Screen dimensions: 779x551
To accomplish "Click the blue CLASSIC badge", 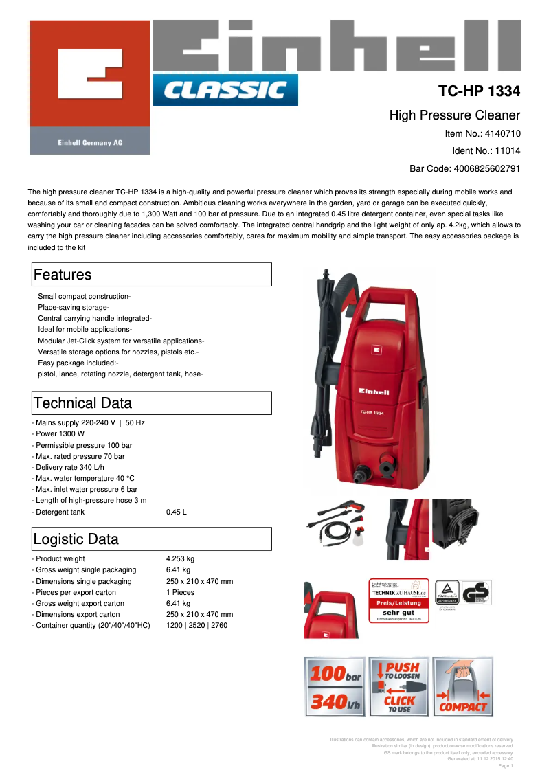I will coord(225,90).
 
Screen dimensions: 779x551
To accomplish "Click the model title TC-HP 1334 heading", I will coord(479,91).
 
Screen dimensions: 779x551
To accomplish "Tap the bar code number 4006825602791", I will coord(485,168).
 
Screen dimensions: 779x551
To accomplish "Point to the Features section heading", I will coord(63,275).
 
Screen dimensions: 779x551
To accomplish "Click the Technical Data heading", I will coord(82,403).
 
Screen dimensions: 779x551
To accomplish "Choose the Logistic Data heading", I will coord(76,539).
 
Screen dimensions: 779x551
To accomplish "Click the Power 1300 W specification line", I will coord(59,434).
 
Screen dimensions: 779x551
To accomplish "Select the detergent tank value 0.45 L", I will coord(177,512).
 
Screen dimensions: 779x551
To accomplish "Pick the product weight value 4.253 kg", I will coord(180,559).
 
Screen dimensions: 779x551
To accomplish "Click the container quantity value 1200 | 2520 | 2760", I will coord(196,625).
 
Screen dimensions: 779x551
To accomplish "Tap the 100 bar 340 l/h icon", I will coord(334,687).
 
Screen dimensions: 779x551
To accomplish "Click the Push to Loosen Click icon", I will coord(398,687).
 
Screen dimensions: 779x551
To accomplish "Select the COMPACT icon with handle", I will coord(463,687).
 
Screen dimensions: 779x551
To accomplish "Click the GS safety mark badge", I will coord(476,594).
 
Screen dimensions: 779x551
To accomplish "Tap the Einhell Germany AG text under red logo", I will coord(89,143).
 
